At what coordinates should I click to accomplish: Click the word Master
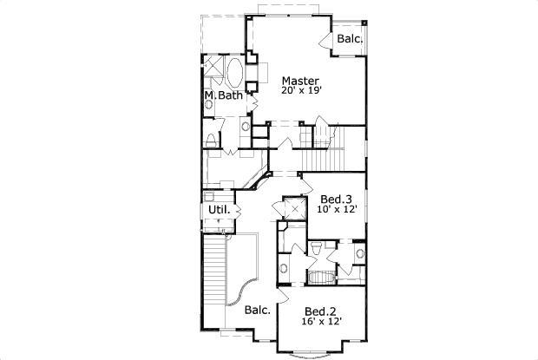pyautogui.click(x=299, y=81)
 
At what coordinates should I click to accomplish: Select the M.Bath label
pyautogui.click(x=224, y=95)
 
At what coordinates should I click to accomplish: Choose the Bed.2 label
pyautogui.click(x=320, y=311)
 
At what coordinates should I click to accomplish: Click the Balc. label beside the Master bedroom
pyautogui.click(x=350, y=39)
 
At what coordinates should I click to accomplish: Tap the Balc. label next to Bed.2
pyautogui.click(x=257, y=310)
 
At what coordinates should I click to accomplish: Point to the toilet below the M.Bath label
pyautogui.click(x=213, y=141)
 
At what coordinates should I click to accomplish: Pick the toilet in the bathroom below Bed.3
pyautogui.click(x=317, y=251)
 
